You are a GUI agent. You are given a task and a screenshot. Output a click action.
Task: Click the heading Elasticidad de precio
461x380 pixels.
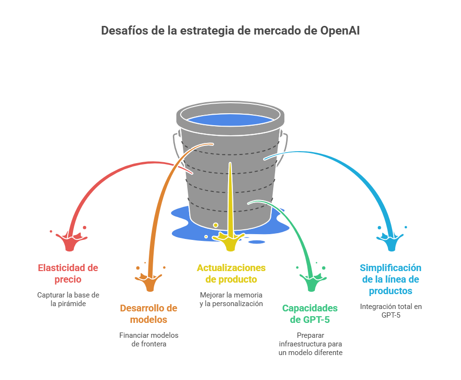[68, 273]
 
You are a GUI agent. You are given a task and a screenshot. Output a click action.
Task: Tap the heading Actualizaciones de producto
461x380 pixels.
[231, 273]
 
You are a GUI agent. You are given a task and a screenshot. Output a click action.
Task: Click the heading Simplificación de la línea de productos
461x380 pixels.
[390, 279]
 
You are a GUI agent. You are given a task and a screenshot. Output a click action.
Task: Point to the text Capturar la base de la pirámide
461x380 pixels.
[68, 299]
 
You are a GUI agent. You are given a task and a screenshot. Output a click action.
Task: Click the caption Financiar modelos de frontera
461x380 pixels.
[149, 340]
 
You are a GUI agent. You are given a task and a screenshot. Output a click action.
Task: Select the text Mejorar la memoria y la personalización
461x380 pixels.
[231, 299]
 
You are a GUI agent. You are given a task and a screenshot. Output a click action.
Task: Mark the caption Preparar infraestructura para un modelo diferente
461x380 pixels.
[310, 344]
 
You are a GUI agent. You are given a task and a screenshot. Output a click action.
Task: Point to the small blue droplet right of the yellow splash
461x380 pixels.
[256, 241]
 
